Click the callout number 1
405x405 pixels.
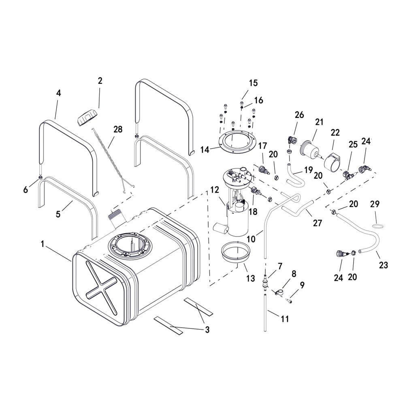tap(42, 244)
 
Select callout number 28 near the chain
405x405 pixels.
tap(118, 129)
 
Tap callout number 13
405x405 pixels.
tap(251, 278)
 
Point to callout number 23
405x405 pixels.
tap(383, 265)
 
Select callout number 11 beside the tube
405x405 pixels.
tap(285, 319)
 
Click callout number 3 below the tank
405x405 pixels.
tap(207, 330)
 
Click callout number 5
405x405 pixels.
tap(58, 214)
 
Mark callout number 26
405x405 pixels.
tap(299, 115)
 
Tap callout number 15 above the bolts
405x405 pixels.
tap(253, 83)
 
